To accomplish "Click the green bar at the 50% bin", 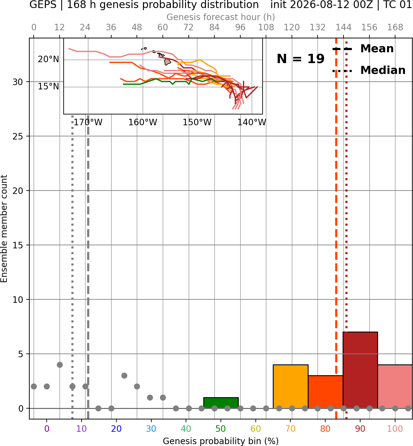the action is (x=221, y=403).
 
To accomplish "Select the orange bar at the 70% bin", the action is (x=290, y=386).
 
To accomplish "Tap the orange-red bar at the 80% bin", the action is (x=325, y=392).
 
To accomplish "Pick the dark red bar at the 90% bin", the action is (x=360, y=370).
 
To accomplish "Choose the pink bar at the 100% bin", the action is (x=395, y=386).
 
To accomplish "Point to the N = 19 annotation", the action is (x=301, y=59).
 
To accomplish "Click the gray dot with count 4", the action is (x=60, y=365).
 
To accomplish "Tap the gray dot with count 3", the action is (x=124, y=375).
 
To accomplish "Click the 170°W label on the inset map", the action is (x=88, y=122).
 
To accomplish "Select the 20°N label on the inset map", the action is (x=48, y=59).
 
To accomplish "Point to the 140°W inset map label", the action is (x=252, y=122).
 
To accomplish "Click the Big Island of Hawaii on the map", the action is (x=167, y=62).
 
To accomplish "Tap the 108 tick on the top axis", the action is (x=266, y=28).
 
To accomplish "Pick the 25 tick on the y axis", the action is (x=18, y=136).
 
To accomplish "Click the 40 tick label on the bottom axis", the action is (x=186, y=429).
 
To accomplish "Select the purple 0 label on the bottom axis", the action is (x=47, y=429).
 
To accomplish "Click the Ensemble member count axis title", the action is (x=4, y=229).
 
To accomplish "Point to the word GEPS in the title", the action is (x=43, y=5).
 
